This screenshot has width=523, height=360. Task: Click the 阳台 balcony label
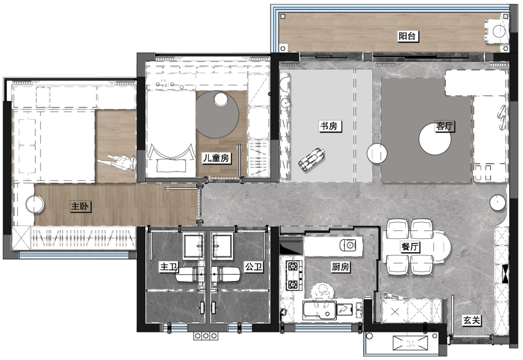pos(408,36)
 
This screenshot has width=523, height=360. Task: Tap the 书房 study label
pos(329,126)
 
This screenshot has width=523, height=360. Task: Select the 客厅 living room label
pos(445,126)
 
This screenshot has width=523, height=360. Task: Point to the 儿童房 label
pos(216,158)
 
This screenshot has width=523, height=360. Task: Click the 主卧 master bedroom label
pos(80,206)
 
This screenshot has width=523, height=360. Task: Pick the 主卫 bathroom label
pos(169,267)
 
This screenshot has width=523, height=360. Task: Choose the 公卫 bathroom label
pos(254,267)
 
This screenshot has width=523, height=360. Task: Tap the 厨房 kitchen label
pos(340,267)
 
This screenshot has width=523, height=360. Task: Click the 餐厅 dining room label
pos(410,247)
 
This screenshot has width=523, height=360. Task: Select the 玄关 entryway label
pos(472,321)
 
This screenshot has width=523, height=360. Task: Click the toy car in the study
pos(312,160)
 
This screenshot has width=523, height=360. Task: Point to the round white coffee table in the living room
pos(434,139)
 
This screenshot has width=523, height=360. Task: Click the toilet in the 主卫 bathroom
pos(189,274)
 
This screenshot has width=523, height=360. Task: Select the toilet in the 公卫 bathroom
pos(226,274)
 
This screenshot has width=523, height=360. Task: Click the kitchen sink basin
pos(319,310)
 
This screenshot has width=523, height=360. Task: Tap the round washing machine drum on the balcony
pos(499,31)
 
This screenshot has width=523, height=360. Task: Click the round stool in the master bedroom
pos(35,204)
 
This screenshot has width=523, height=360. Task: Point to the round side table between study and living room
pos(377,153)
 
